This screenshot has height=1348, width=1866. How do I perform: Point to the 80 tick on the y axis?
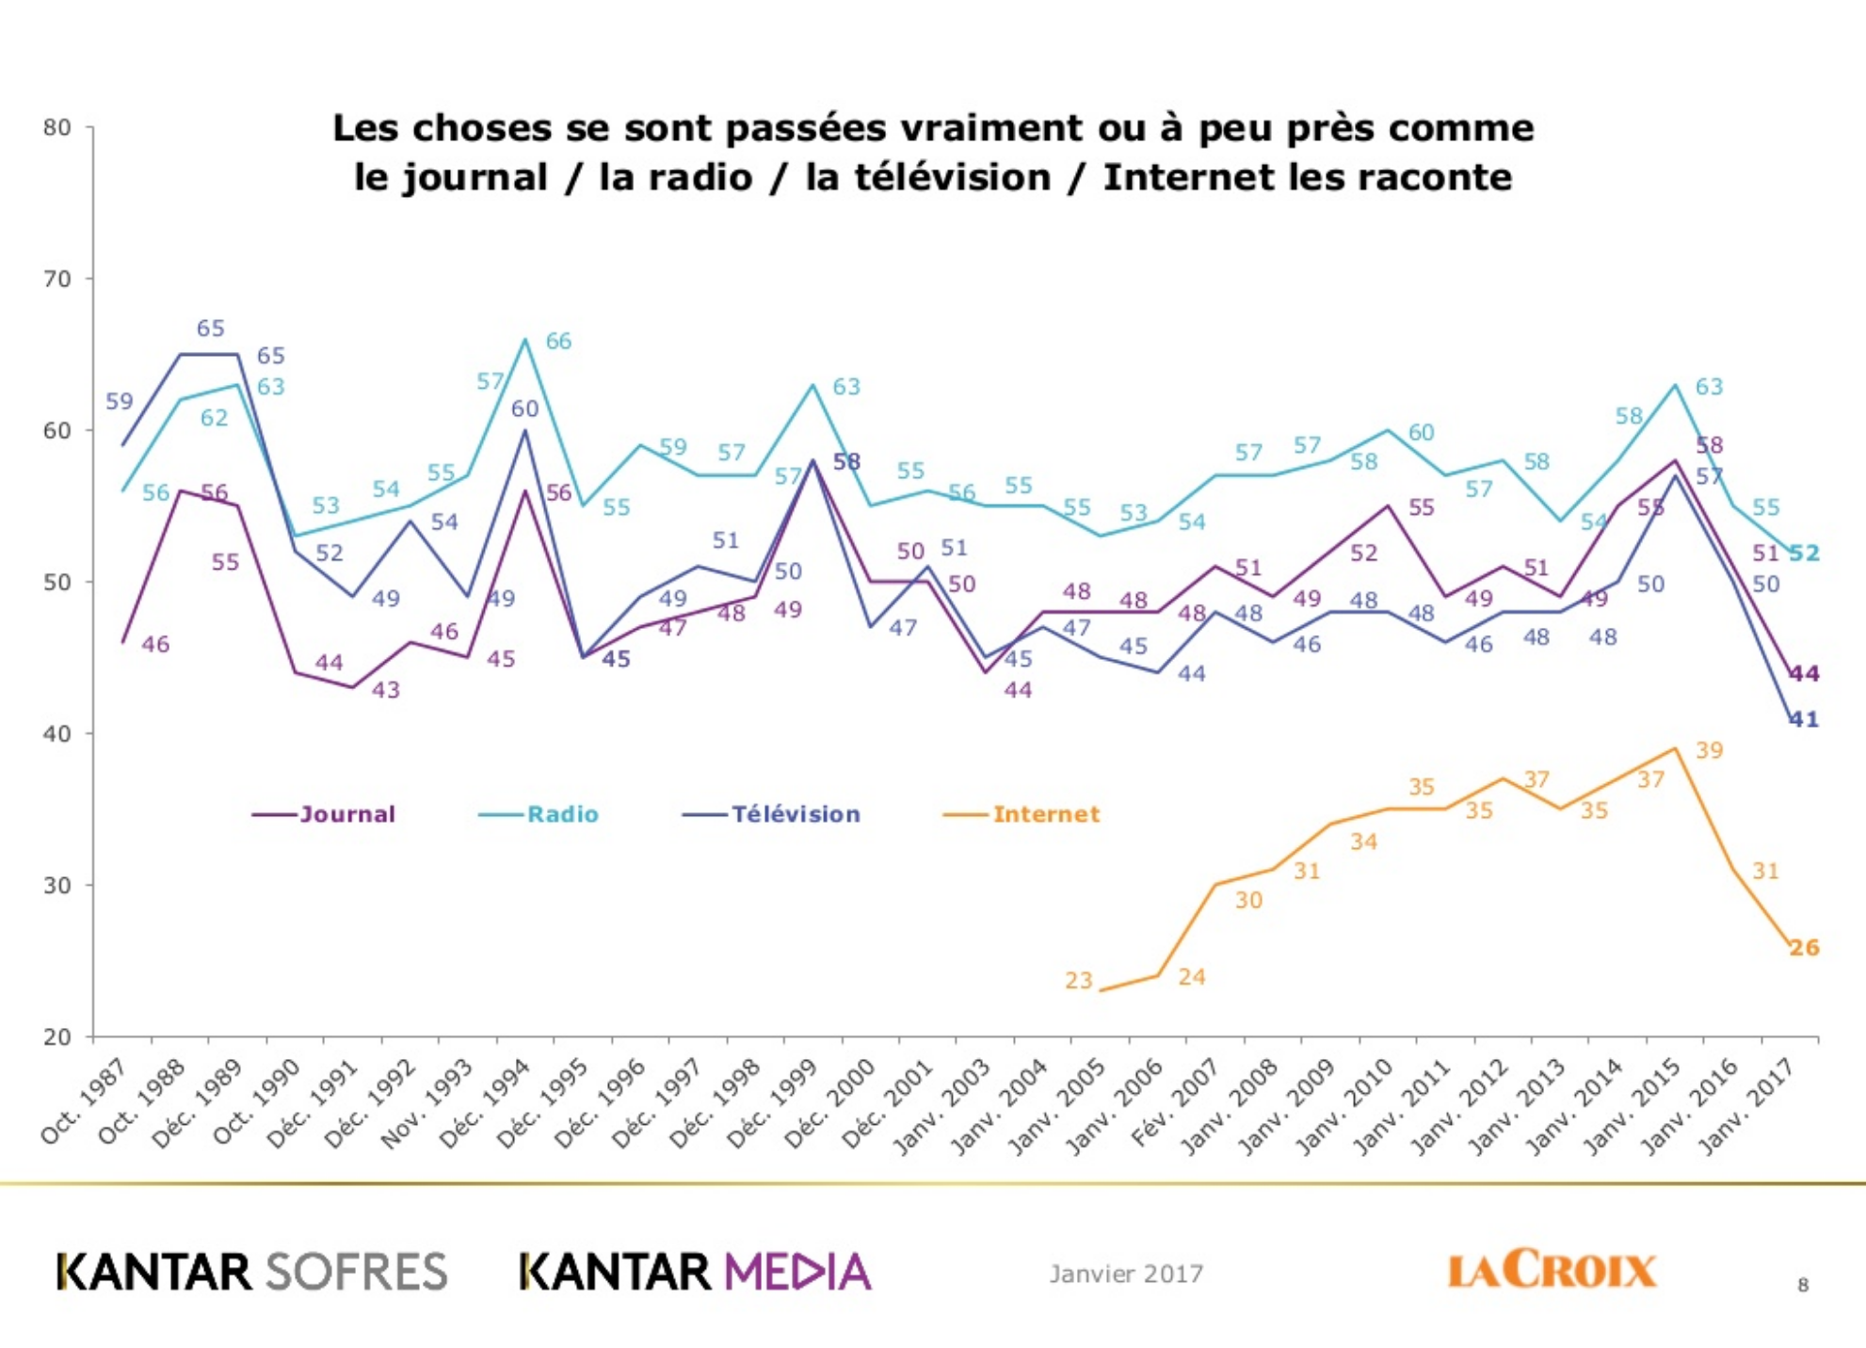(57, 128)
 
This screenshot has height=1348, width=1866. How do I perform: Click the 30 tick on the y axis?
(57, 886)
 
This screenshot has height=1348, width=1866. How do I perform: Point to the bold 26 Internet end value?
(1804, 948)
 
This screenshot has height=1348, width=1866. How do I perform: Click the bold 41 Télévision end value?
(1804, 720)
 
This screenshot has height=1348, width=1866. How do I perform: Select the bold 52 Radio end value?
(1804, 554)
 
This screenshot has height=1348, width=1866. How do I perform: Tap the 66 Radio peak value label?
(558, 342)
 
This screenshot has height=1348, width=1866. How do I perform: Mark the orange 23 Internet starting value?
(1079, 981)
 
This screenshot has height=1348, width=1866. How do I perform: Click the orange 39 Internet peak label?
(1709, 751)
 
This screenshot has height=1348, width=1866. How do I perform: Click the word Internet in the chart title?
(1188, 178)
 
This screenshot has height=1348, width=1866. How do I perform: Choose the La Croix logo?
(1551, 1270)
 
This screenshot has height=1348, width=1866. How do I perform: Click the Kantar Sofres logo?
(251, 1272)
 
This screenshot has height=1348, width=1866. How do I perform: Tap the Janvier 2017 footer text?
(1126, 1274)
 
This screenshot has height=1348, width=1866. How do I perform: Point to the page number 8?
(1802, 1285)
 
